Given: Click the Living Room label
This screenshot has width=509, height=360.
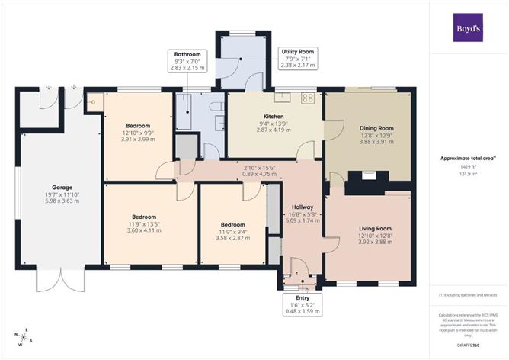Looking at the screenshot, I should (x=374, y=229).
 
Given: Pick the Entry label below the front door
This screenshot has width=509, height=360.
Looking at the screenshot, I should (x=302, y=297).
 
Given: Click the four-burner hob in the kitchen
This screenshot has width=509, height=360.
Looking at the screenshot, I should (x=309, y=97).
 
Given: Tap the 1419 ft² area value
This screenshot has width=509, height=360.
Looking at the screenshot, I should (x=468, y=166).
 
